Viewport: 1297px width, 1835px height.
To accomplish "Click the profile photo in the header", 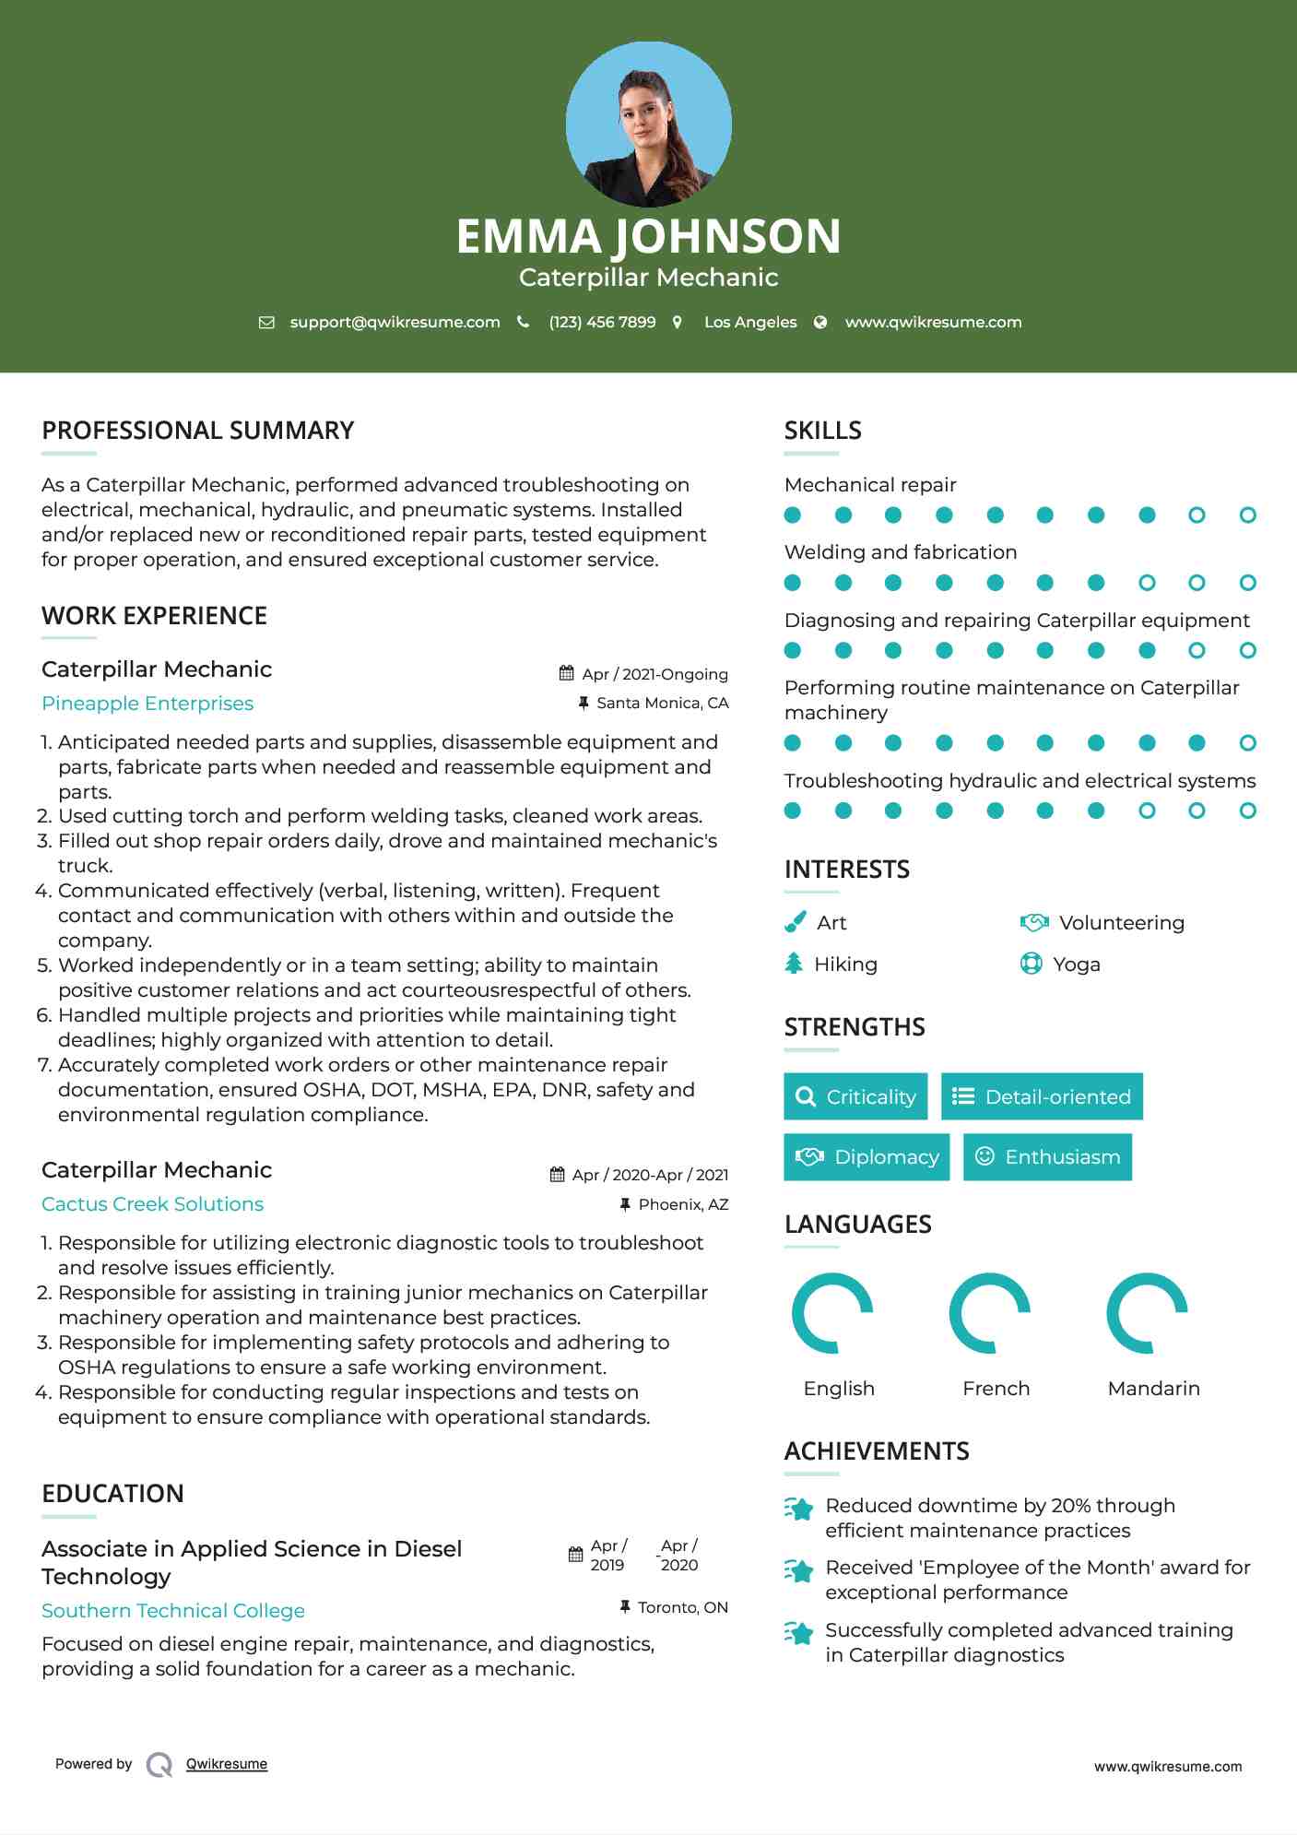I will (648, 124).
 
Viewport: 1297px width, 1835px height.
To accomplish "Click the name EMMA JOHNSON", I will (648, 236).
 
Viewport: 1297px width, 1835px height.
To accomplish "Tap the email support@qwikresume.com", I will (395, 322).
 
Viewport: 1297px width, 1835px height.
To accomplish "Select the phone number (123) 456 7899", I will (602, 322).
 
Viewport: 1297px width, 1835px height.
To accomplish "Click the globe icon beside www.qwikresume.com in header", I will (820, 322).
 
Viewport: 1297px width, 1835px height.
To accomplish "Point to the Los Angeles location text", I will (749, 322).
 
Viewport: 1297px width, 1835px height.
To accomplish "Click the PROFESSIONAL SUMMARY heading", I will (197, 431).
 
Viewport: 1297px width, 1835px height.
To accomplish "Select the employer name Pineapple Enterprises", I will (147, 704).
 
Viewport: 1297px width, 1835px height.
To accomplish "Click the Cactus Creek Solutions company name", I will (152, 1204).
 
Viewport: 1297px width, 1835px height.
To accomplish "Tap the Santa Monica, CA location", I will (662, 703).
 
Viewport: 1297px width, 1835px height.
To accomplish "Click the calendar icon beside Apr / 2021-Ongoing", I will (567, 674).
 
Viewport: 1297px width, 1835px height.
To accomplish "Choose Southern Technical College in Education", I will (173, 1611).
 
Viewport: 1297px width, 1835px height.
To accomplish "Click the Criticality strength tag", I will (855, 1096).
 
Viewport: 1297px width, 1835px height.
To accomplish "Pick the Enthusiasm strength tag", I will (1047, 1157).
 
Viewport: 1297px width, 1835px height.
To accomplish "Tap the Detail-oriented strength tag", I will (1042, 1096).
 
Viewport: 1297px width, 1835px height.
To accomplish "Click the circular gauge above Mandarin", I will (1147, 1313).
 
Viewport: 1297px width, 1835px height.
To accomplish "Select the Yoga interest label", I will (1076, 965).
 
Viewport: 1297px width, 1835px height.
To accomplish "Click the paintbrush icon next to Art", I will (795, 922).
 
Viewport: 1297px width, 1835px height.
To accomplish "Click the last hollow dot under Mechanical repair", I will (1247, 515).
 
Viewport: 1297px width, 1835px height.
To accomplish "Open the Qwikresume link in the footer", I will (227, 1764).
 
